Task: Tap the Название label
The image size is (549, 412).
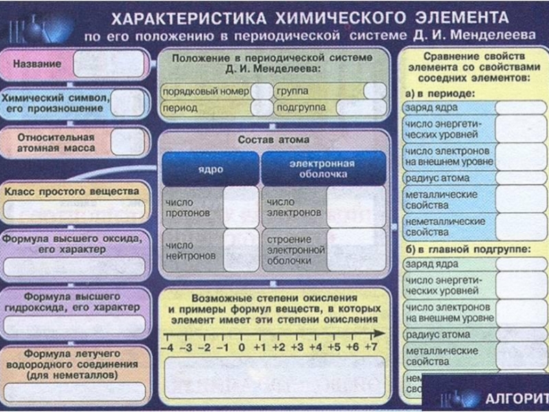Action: (x=37, y=63)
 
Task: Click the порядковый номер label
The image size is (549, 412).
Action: (x=205, y=91)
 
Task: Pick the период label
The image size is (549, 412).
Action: (x=180, y=108)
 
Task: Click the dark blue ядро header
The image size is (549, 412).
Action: (x=210, y=169)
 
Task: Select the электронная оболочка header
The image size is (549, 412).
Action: (x=322, y=169)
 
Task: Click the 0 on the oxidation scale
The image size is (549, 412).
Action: (x=241, y=347)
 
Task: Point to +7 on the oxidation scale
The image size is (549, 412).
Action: (x=371, y=347)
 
